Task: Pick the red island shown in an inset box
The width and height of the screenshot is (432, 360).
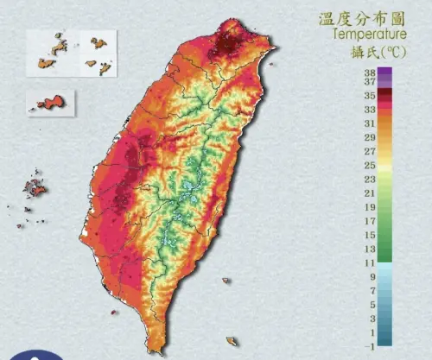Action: pos(49,103)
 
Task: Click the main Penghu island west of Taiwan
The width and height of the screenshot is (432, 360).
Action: pos(35,186)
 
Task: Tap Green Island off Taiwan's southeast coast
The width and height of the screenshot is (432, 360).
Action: pos(226,281)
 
